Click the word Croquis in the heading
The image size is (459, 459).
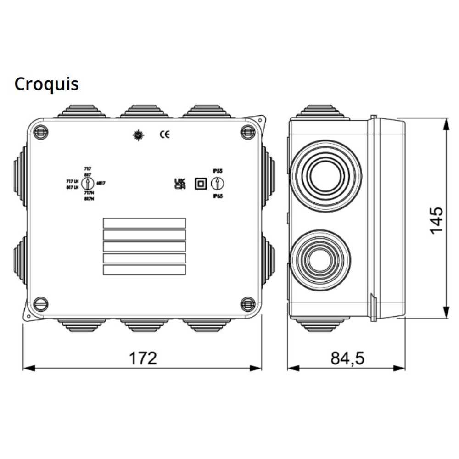(x=46, y=84)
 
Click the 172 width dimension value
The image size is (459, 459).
(x=142, y=358)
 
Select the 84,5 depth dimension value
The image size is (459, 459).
(x=347, y=358)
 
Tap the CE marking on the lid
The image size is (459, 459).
(x=164, y=134)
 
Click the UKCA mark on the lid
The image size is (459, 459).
(x=179, y=183)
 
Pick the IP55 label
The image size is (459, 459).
(x=217, y=171)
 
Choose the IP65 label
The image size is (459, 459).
(x=217, y=196)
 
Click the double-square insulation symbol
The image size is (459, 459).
(x=200, y=183)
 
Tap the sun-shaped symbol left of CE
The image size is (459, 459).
(x=138, y=135)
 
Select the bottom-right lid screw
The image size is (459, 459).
(x=248, y=302)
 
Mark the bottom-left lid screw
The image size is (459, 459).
(x=41, y=302)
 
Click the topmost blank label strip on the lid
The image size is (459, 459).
(x=144, y=223)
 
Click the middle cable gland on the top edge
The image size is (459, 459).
(x=144, y=111)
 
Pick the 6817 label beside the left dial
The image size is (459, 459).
(x=101, y=183)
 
